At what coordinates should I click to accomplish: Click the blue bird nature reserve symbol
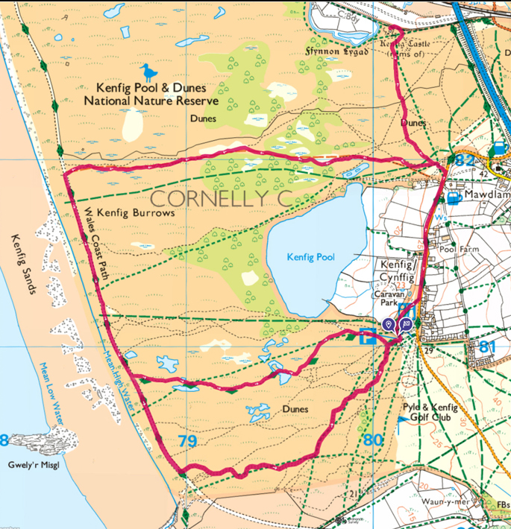tap(149, 72)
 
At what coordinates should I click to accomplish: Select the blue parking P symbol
tap(367, 337)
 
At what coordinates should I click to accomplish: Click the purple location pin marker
tap(388, 324)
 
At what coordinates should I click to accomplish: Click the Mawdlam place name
tap(486, 198)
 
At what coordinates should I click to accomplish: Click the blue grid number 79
tap(187, 442)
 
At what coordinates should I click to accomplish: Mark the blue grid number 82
tap(465, 161)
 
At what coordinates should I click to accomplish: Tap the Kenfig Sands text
tap(22, 264)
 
